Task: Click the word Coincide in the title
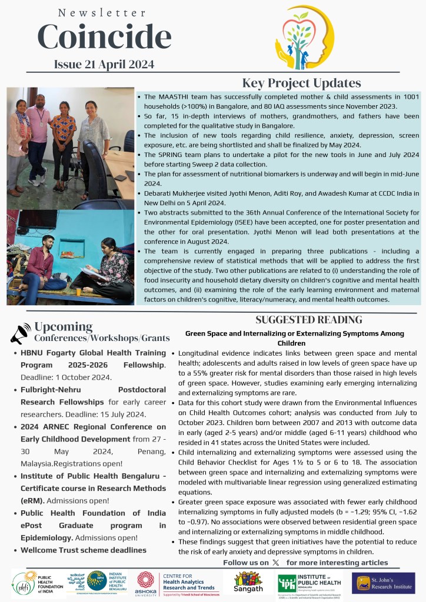coord(104,38)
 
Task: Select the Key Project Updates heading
coord(301,83)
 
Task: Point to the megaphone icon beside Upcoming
coord(20,333)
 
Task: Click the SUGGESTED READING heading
coord(308,320)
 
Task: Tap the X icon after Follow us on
coord(276,563)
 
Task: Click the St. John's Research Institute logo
coord(384,583)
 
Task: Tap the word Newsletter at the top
coord(103,12)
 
